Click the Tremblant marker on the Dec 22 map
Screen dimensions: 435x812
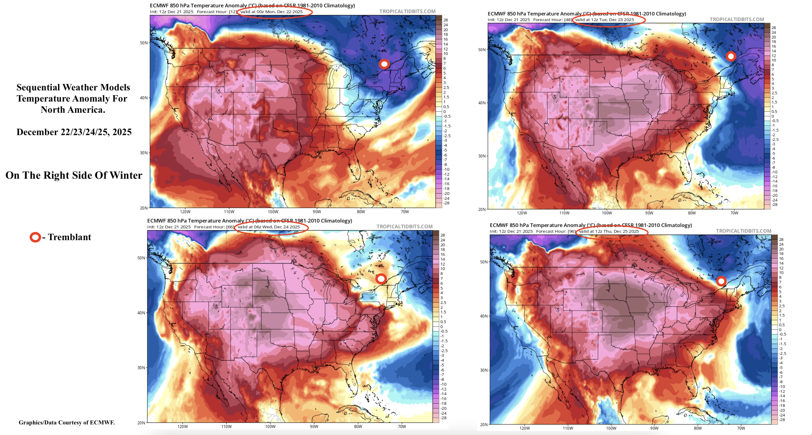[384, 64]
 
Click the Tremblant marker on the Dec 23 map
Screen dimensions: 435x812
[731, 56]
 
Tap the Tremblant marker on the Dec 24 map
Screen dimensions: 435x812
[381, 279]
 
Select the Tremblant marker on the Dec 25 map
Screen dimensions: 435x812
[721, 281]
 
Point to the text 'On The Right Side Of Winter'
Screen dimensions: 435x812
[74, 175]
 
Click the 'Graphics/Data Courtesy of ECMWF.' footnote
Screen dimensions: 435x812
[67, 423]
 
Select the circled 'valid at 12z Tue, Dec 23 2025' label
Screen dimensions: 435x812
[604, 19]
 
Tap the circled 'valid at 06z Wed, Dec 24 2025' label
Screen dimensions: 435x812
[268, 227]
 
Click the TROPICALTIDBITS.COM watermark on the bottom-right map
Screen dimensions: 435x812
[743, 231]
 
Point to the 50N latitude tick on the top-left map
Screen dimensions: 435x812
[144, 43]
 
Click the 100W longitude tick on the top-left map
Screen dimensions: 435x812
[273, 212]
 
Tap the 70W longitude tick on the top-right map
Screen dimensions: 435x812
[734, 213]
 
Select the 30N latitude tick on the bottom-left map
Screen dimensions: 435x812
[141, 368]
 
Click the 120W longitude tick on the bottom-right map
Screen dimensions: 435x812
[525, 428]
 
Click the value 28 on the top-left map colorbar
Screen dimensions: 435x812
[445, 20]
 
